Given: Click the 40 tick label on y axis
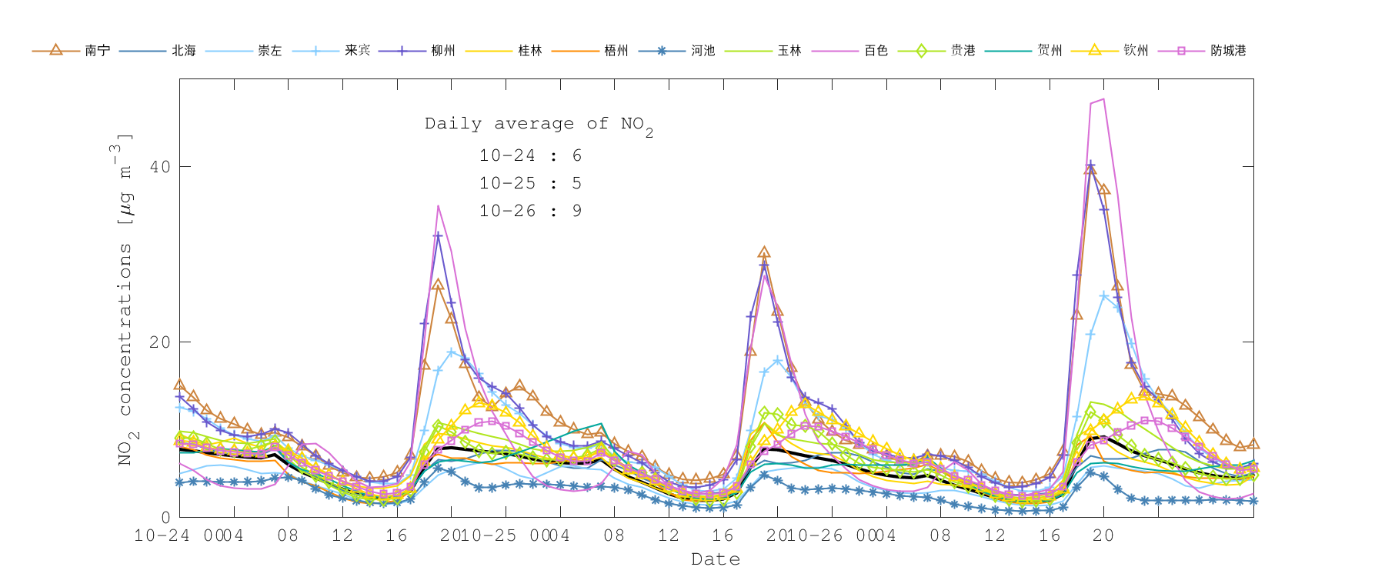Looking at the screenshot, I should tap(160, 167).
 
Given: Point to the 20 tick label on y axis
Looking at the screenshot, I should tap(160, 342).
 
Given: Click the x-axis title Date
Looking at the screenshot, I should tap(716, 559).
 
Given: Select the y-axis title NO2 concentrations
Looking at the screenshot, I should tap(125, 300).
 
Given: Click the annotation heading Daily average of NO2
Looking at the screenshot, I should tap(539, 124).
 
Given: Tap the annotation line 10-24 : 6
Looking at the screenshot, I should tap(530, 156).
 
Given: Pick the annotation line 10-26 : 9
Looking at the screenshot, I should tap(530, 212).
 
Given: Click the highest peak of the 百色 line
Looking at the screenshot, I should tap(1103, 99).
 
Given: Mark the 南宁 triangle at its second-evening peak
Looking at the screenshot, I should tap(763, 252).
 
